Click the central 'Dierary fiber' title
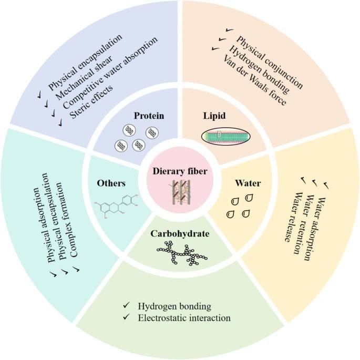[x=180, y=171]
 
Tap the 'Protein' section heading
[x=149, y=116]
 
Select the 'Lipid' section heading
[x=214, y=116]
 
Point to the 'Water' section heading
[x=248, y=183]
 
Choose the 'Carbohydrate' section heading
[x=180, y=234]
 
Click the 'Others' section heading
[x=111, y=183]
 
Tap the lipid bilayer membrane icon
[x=225, y=136]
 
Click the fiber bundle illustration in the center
[x=181, y=192]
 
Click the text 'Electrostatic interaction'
[x=184, y=318]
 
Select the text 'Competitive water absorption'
[x=110, y=73]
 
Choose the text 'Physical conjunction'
[x=270, y=63]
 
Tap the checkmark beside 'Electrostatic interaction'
[x=126, y=317]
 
